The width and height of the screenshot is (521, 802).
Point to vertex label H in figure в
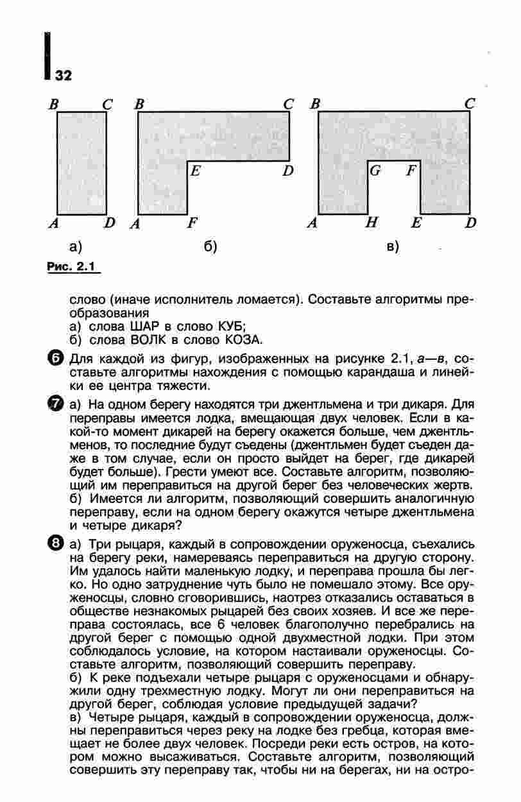pyautogui.click(x=370, y=223)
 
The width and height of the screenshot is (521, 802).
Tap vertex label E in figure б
pyautogui.click(x=196, y=171)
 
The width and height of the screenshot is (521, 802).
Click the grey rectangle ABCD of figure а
pyautogui.click(x=82, y=163)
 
